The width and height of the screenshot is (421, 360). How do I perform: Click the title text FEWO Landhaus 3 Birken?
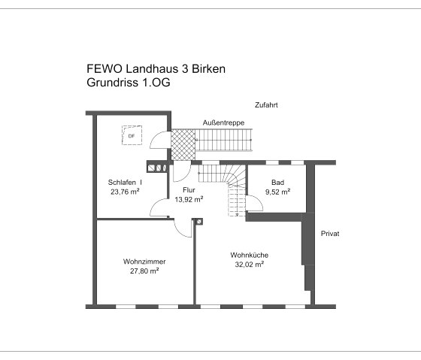coord(156,69)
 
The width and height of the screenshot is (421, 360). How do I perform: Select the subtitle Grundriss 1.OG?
coord(129,83)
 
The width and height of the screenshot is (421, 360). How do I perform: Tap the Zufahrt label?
coord(266,105)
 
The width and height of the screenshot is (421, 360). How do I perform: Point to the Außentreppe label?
coord(223,123)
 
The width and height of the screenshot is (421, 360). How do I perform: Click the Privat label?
coord(330,234)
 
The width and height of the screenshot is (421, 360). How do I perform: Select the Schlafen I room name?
coord(125,182)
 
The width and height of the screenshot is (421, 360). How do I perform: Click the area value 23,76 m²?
coord(125,192)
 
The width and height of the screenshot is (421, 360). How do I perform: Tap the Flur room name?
coord(189,190)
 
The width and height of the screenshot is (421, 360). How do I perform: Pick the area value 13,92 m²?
coord(189,200)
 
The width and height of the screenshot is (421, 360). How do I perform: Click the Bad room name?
coord(277,182)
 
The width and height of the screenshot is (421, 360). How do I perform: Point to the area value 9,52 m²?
coord(277,192)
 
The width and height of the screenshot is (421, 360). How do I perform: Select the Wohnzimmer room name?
coord(144,262)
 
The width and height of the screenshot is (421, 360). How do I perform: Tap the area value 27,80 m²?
coord(144,271)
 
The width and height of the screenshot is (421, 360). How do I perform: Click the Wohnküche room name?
coord(249,255)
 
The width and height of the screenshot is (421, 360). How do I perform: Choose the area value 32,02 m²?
coord(249,265)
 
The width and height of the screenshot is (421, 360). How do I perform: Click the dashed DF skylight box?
coord(132,135)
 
